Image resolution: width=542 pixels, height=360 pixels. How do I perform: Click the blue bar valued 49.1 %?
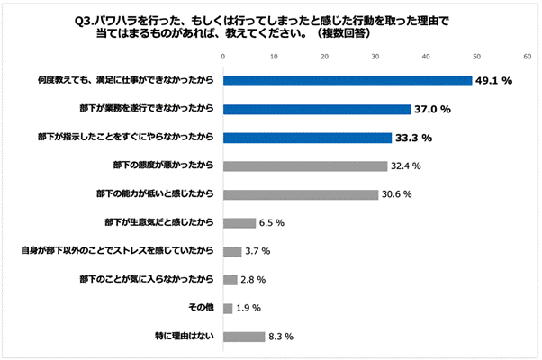pyautogui.click(x=348, y=81)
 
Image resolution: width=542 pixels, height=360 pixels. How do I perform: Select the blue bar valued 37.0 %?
pyautogui.click(x=317, y=110)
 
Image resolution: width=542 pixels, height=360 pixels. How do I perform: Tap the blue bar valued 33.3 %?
pyautogui.click(x=307, y=139)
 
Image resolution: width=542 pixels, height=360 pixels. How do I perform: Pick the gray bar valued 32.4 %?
pyautogui.click(x=305, y=166)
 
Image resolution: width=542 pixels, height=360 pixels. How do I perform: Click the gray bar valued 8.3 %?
pyautogui.click(x=244, y=337)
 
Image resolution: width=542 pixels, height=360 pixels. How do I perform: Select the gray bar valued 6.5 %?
pyautogui.click(x=239, y=223)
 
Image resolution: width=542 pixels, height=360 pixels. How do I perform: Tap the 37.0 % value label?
pyautogui.click(x=432, y=110)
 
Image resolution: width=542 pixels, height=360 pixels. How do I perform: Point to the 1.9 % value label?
pyautogui.click(x=248, y=309)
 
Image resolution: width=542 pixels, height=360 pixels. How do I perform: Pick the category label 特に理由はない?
pyautogui.click(x=185, y=337)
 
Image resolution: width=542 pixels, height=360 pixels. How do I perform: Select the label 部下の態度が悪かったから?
pyautogui.click(x=162, y=166)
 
